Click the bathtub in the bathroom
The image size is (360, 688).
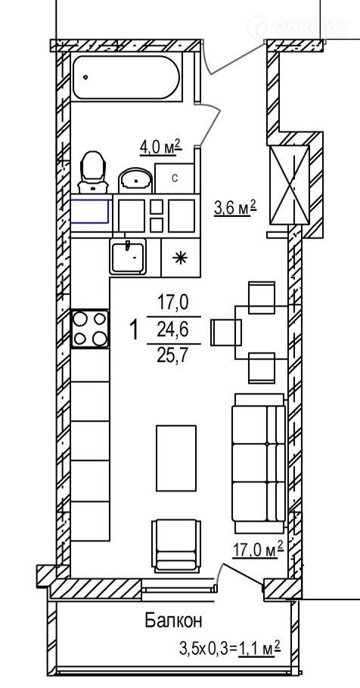126,77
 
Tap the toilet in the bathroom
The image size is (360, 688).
93,172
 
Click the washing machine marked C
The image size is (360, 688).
174,178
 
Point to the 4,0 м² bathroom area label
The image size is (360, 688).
160,147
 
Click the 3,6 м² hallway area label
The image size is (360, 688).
235,207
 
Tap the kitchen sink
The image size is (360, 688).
128,257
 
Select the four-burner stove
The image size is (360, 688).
90,329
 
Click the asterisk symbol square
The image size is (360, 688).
181,258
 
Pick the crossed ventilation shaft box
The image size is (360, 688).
290,185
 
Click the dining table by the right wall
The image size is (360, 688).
261,332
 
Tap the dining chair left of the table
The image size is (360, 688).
226,332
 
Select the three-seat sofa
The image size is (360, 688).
259,463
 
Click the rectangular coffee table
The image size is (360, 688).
176,458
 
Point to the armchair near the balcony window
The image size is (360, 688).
176,546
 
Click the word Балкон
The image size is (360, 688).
174,621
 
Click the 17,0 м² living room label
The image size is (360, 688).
258,550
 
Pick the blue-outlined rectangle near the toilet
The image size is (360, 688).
89,211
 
